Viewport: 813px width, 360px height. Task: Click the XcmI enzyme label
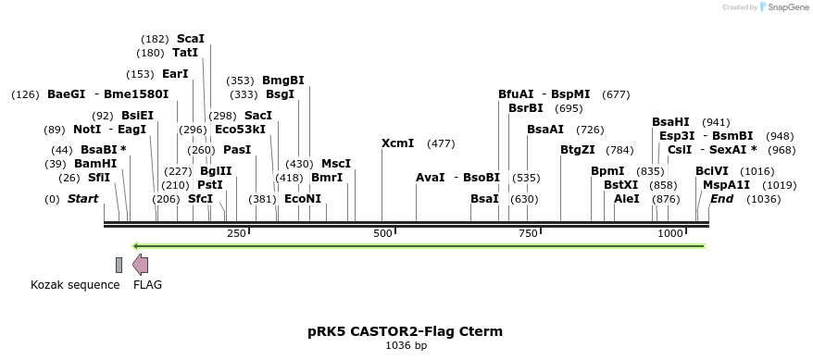(397, 143)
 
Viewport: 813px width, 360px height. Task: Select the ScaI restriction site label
(190, 39)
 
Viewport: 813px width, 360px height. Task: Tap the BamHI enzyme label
(95, 164)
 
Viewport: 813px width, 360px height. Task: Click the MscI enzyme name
(336, 164)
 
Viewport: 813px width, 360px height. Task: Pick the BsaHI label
(670, 121)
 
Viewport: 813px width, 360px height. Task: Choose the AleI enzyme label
(626, 199)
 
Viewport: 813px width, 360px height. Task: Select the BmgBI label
(283, 81)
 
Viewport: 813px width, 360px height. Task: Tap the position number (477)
(441, 143)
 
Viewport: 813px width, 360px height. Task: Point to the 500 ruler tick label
(382, 234)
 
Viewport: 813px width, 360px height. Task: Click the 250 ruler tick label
(236, 234)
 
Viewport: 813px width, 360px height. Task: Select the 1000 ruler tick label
(670, 234)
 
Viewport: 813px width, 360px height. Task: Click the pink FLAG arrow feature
(140, 265)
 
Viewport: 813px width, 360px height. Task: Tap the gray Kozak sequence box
(119, 265)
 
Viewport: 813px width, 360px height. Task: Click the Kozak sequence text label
(75, 285)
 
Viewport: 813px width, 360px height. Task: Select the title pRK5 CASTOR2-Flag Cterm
(406, 330)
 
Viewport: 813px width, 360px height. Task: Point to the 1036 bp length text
(406, 346)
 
